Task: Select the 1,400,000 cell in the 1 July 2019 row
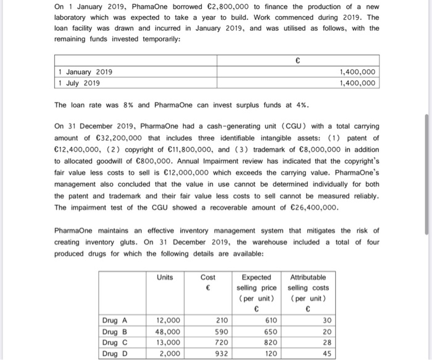pyautogui.click(x=357, y=83)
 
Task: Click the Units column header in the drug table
pyautogui.click(x=165, y=278)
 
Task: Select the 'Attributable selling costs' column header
pyautogui.click(x=307, y=288)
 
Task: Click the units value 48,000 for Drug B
pyautogui.click(x=168, y=331)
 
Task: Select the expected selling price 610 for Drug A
pyautogui.click(x=268, y=320)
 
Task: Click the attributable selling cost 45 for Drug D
pyautogui.click(x=326, y=353)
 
